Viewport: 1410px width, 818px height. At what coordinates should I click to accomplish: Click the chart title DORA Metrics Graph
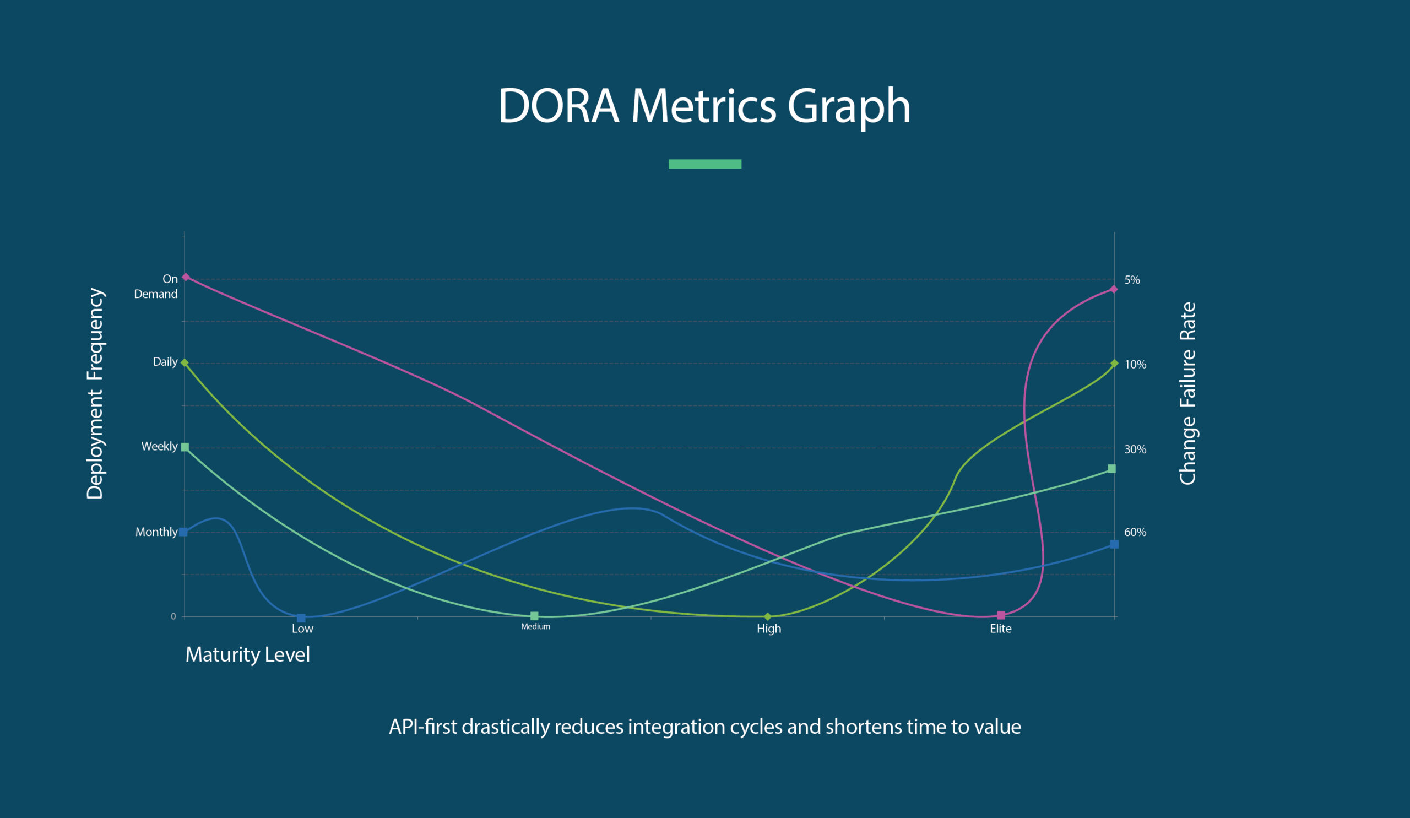coord(704,106)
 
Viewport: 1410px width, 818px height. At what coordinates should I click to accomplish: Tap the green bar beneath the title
coord(704,164)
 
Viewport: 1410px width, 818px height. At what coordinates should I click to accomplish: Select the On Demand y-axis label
coord(156,286)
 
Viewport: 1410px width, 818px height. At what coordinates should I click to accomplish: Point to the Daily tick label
coord(165,362)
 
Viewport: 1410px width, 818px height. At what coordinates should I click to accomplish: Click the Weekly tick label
coord(159,447)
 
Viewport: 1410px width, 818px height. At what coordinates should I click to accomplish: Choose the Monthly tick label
coord(156,532)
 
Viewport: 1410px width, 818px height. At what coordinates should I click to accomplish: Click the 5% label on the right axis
coord(1132,280)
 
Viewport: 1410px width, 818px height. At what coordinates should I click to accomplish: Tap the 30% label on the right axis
coord(1135,450)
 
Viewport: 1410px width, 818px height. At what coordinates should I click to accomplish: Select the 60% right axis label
coord(1135,533)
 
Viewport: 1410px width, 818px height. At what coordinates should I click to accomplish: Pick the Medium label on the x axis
coord(535,627)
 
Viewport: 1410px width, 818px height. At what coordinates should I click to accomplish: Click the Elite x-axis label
coord(1000,629)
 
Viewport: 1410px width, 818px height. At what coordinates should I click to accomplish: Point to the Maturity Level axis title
coord(247,654)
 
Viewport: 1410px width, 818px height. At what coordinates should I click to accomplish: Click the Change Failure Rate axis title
coord(1187,393)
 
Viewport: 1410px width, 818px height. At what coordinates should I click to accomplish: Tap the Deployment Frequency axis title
coord(95,393)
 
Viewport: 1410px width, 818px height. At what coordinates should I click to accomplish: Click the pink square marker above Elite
coord(1001,615)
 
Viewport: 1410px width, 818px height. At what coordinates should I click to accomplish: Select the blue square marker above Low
coord(301,618)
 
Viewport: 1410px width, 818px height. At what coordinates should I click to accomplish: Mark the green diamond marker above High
coord(768,616)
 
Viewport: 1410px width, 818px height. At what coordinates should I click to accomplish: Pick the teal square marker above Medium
coord(534,616)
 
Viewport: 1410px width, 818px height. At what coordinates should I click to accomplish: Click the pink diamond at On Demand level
coord(186,277)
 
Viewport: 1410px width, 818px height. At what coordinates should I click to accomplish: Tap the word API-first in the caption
coord(423,727)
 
